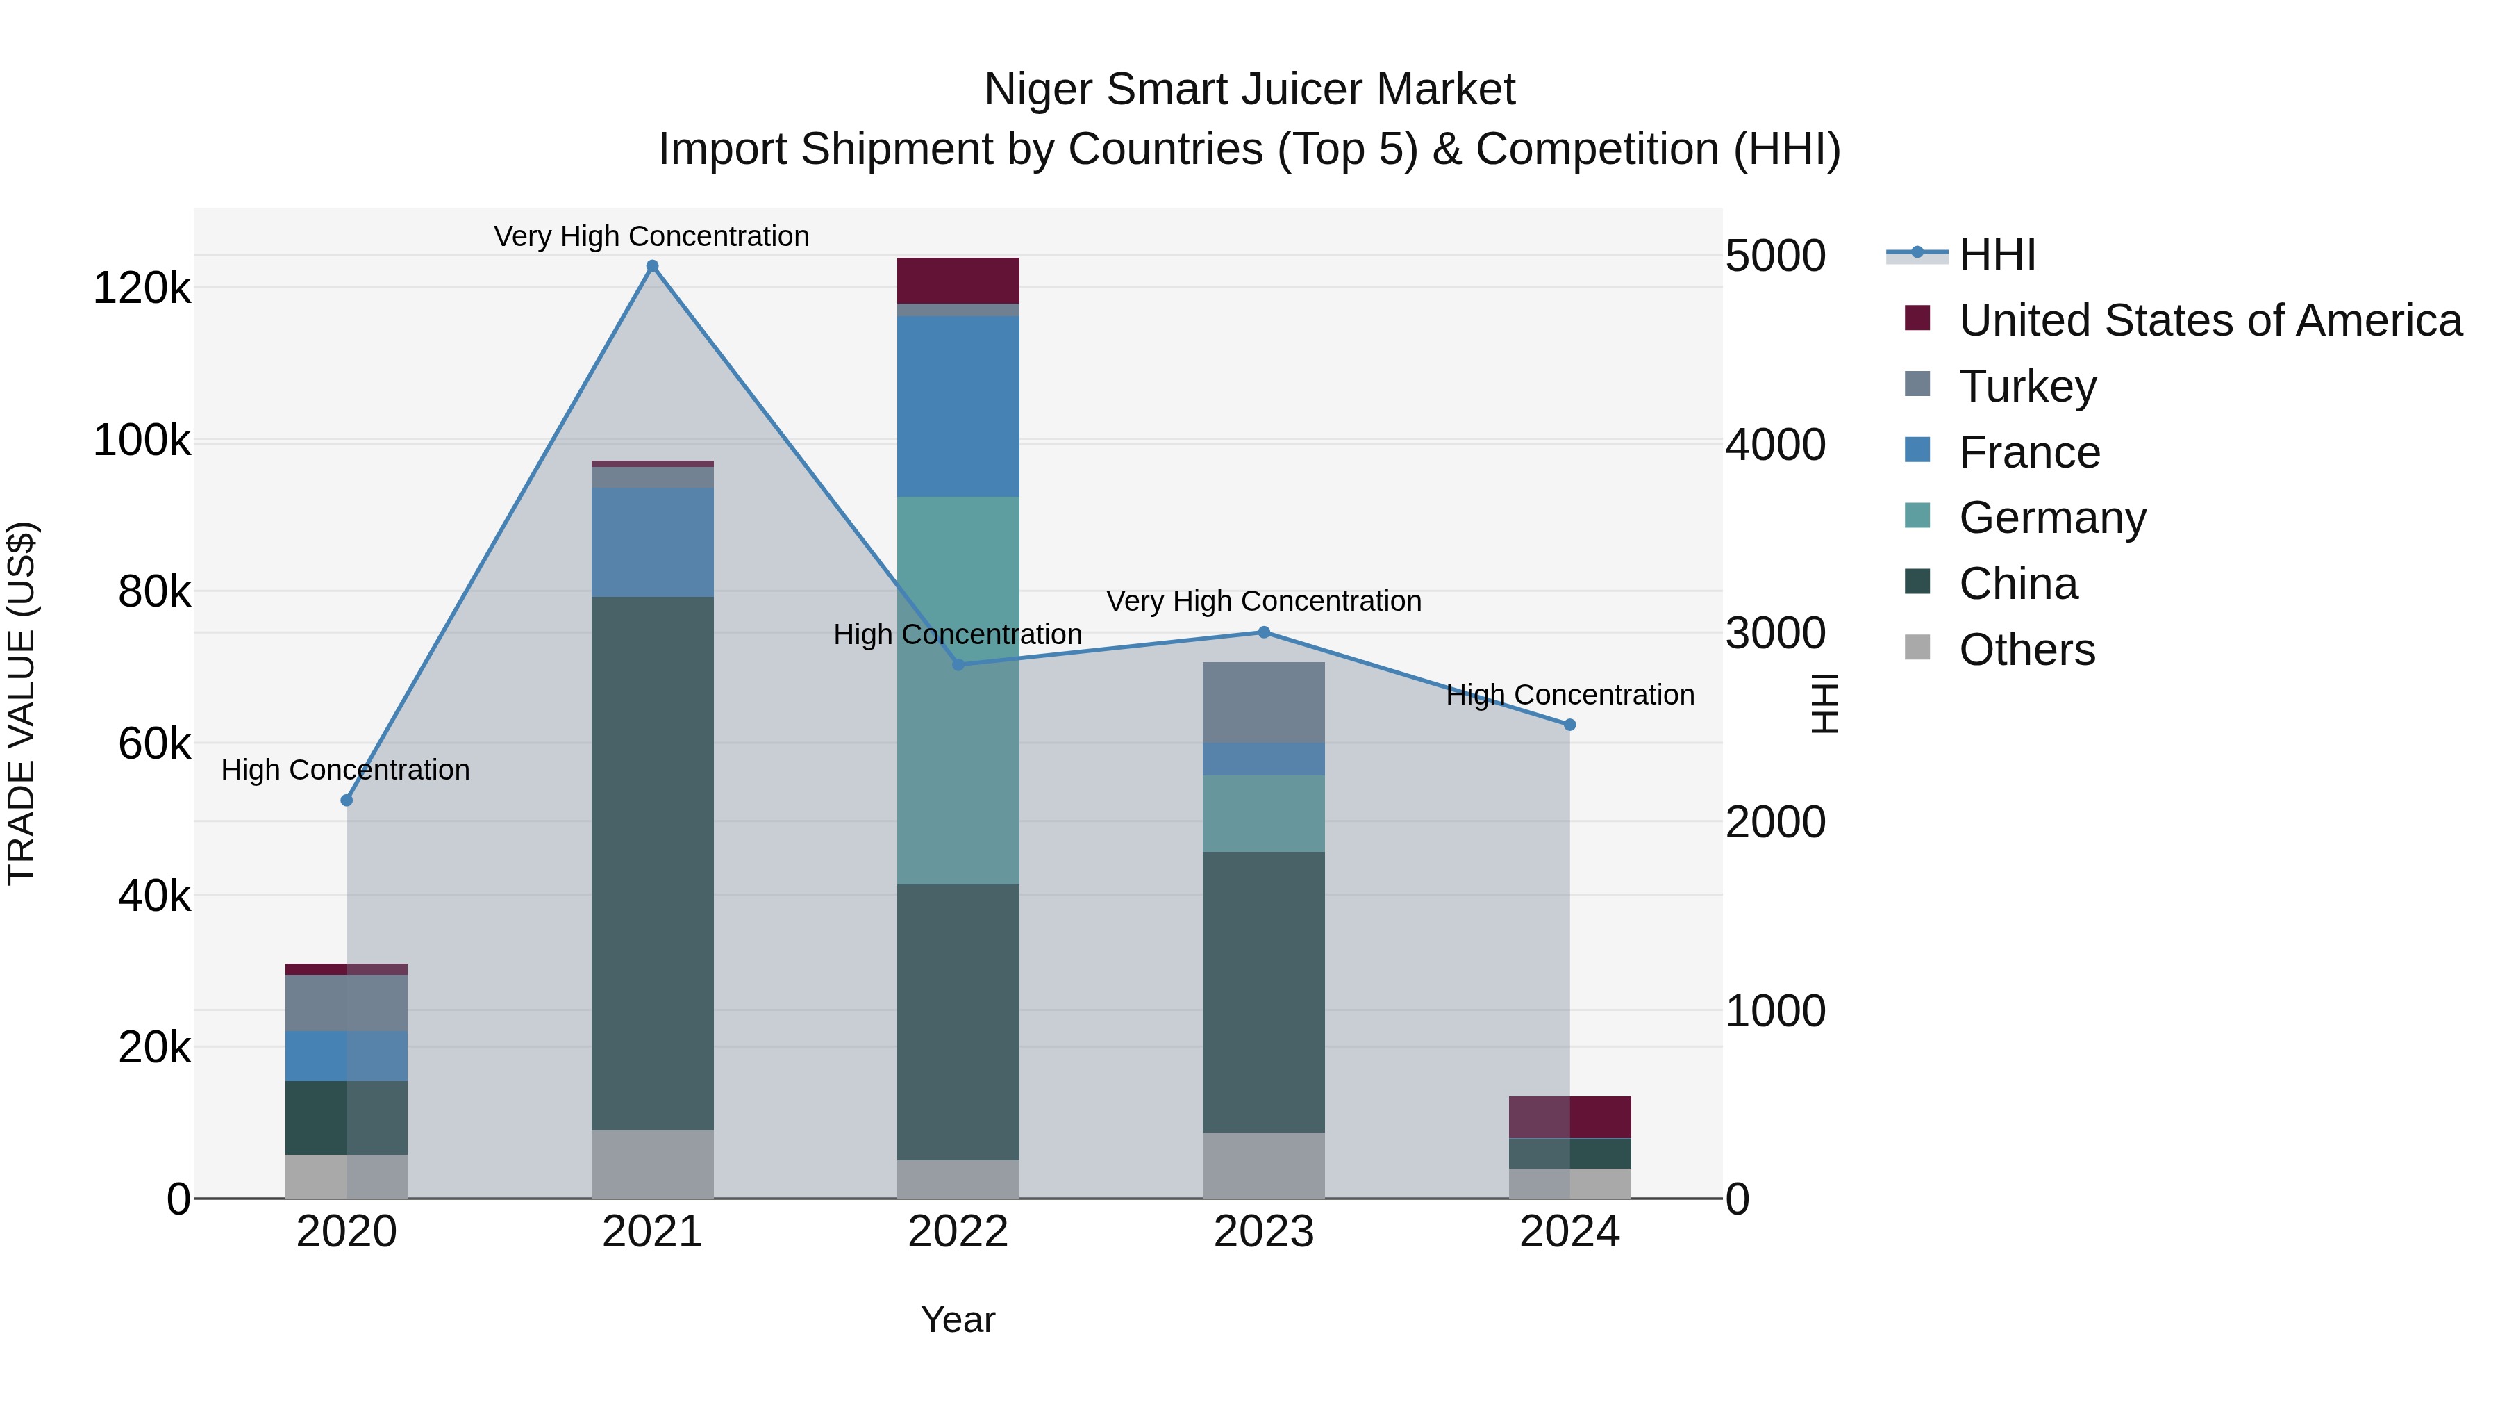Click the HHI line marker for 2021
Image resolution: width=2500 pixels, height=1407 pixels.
click(x=652, y=266)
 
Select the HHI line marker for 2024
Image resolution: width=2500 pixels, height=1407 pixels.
click(x=1569, y=725)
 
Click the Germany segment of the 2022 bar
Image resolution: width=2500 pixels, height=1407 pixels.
click(x=958, y=689)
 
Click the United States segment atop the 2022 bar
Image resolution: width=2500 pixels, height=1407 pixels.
click(x=958, y=281)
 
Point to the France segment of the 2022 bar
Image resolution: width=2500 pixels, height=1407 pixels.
click(x=958, y=406)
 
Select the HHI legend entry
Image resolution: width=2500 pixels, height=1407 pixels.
click(x=1997, y=254)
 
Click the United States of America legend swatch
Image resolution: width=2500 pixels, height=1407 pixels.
click(x=1917, y=318)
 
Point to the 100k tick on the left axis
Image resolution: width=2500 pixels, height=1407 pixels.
click(x=142, y=440)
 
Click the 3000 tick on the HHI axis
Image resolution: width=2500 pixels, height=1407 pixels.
click(x=1775, y=633)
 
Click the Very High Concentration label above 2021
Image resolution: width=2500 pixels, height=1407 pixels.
click(x=651, y=236)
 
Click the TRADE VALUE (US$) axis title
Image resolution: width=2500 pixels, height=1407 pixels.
click(x=22, y=703)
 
